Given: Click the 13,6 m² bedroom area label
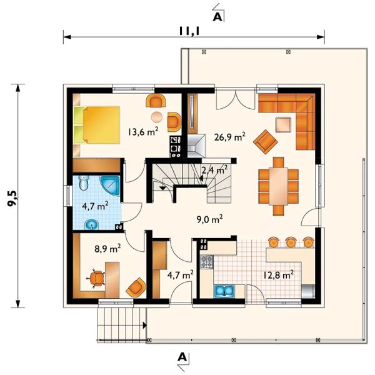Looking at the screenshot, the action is coord(142,132).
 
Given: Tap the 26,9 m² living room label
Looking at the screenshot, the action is coord(229,137).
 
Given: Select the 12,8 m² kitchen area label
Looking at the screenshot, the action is coord(279,275).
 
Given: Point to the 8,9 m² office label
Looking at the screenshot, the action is coord(107,249).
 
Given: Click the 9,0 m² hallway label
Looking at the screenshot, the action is coord(210,219).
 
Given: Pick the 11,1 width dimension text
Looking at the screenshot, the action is coord(189,31).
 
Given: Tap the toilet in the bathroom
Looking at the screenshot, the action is coord(84,182).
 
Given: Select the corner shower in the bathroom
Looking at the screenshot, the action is coord(110,186).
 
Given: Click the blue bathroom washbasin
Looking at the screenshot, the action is coord(92,224).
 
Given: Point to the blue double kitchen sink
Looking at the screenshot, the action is coord(224,291).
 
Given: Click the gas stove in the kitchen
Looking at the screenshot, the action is coord(207,262).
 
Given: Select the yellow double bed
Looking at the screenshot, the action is coord(96,125).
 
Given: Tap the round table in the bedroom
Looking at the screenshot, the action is coord(157,117).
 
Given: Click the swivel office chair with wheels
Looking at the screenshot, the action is coord(96,278).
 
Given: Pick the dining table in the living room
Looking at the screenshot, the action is coord(278,186).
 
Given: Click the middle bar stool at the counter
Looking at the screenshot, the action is coord(291,242).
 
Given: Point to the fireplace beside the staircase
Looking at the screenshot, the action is coord(196,146).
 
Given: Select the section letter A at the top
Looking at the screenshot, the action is coord(217,17).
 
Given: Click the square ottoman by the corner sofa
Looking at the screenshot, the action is coord(283,124).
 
